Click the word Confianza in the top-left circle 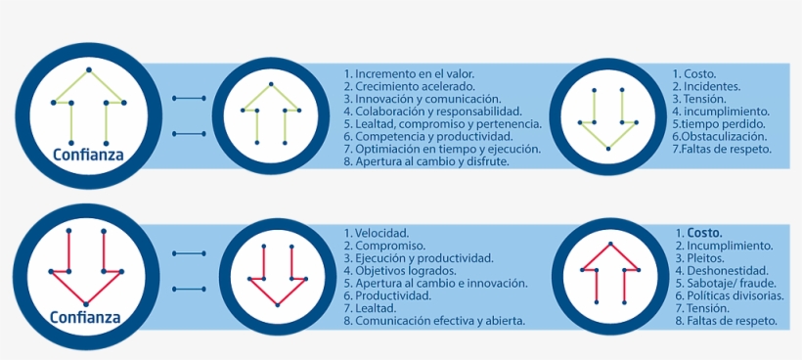click(x=87, y=154)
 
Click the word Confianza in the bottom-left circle click(x=87, y=317)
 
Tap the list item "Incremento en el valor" click(x=409, y=73)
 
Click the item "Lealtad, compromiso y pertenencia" click(x=442, y=124)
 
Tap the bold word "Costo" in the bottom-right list click(x=704, y=233)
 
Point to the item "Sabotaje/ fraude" click(x=730, y=283)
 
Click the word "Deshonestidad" click(x=729, y=270)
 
